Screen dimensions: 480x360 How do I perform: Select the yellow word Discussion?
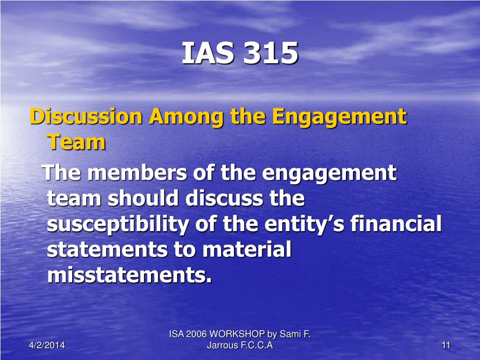point(86,116)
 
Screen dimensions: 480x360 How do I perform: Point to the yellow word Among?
point(187,117)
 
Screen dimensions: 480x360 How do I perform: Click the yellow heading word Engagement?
point(339,117)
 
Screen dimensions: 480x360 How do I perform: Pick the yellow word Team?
point(76,142)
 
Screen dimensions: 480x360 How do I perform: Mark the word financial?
point(396,223)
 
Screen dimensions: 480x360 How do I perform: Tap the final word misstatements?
point(129,275)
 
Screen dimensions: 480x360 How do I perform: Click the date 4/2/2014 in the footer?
point(47,345)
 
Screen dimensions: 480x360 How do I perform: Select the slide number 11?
point(446,345)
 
